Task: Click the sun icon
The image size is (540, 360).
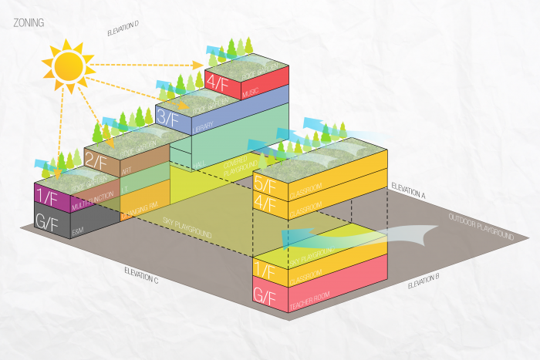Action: pos(66,64)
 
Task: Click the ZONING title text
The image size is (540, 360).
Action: pos(29,23)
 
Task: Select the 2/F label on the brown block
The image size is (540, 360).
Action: pos(96,161)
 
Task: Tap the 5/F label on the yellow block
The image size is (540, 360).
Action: pos(265,186)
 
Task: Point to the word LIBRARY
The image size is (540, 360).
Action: pos(204,126)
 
